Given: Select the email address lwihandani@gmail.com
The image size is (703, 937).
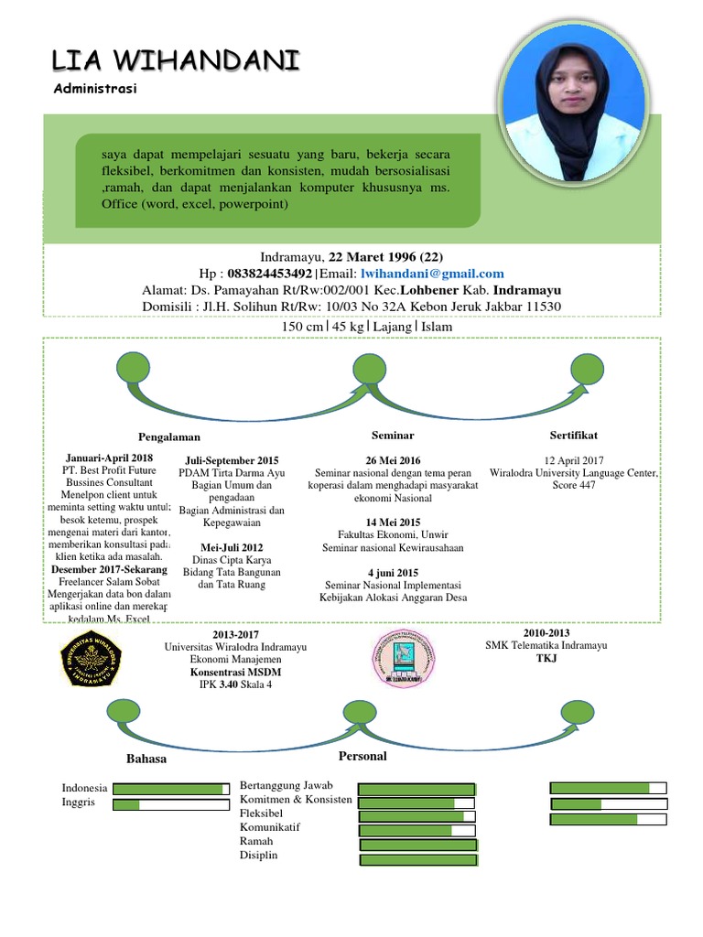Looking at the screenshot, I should pyautogui.click(x=432, y=274).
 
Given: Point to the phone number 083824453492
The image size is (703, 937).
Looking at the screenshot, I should pyautogui.click(x=269, y=274).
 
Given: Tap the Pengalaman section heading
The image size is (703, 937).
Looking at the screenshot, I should pyautogui.click(x=169, y=436).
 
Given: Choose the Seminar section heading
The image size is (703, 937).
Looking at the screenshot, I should pyautogui.click(x=393, y=436).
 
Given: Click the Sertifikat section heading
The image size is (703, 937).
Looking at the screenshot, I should pyautogui.click(x=574, y=435).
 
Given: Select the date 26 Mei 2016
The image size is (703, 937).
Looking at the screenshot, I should pyautogui.click(x=393, y=459).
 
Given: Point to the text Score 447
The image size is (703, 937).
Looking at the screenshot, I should pyautogui.click(x=574, y=485).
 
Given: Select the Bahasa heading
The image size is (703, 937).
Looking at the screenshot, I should pyautogui.click(x=146, y=759).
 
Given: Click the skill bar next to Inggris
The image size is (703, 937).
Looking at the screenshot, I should pyautogui.click(x=170, y=805).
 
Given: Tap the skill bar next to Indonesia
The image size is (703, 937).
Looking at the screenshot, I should pyautogui.click(x=170, y=789).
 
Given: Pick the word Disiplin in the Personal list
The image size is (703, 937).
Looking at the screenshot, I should pyautogui.click(x=258, y=855).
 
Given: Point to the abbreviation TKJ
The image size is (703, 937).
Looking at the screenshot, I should pyautogui.click(x=546, y=658).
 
